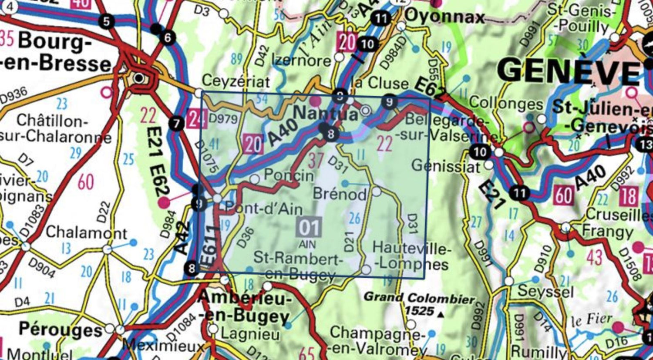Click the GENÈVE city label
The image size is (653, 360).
pos(568,71)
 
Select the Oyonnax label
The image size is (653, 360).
pos(444,17)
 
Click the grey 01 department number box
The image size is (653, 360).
pos(309,227)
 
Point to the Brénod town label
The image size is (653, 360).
pos(340,193)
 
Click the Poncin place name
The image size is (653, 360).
pos(289,175)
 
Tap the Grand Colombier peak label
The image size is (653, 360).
pos(419,299)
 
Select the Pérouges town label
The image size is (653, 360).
pos(60,329)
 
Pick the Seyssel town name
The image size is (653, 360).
pos(545,291)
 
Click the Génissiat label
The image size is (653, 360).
pos(446,166)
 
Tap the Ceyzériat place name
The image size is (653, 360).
pos(236,81)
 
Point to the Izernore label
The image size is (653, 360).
pos(301,60)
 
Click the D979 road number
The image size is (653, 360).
pos(223,118)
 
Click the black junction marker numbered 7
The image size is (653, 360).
pos(176,124)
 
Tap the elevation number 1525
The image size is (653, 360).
pos(420,311)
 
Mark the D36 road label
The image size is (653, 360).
pos(246,238)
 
